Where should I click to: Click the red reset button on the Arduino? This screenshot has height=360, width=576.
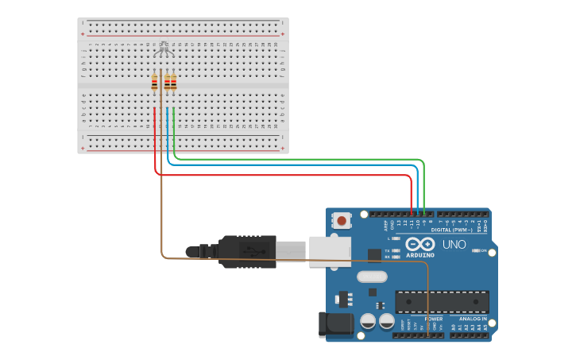tap(342, 220)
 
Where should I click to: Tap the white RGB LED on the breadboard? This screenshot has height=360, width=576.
tap(164, 48)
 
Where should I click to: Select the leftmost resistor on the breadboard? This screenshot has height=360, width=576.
tap(155, 82)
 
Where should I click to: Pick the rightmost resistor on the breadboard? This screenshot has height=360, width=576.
tap(174, 82)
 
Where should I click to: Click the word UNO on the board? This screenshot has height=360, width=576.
tap(454, 245)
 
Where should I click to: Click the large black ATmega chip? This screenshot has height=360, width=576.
tap(442, 302)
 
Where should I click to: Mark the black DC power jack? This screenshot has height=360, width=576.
tap(335, 324)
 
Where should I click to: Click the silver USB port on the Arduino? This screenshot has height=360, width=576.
tap(330, 250)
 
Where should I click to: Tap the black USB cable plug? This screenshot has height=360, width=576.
tap(246, 250)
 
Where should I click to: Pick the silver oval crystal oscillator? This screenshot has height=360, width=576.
tap(372, 277)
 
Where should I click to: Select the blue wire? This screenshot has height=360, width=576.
tap(294, 165)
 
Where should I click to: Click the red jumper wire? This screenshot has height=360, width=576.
tap(278, 175)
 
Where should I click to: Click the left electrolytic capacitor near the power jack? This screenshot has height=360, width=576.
tap(368, 321)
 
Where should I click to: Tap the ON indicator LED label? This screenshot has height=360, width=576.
tap(483, 250)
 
